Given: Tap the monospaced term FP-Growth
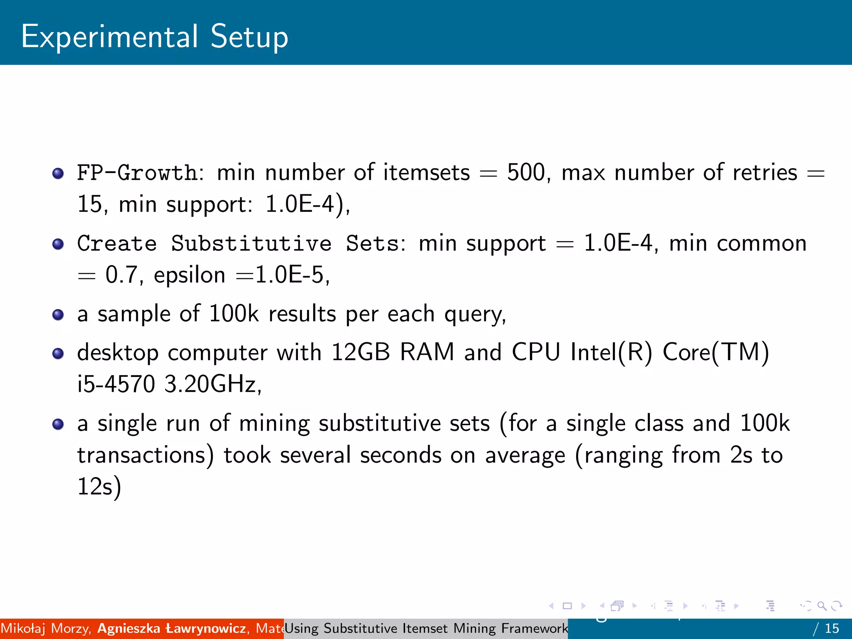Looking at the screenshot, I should click(x=137, y=173).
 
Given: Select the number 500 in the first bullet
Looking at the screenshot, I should click(x=526, y=173).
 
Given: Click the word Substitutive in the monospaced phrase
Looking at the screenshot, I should click(x=251, y=243).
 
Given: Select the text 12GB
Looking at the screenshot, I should click(x=360, y=352).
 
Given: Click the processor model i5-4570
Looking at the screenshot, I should click(x=116, y=384).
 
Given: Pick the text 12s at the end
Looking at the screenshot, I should click(x=95, y=486).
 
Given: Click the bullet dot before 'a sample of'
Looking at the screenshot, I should click(x=58, y=315).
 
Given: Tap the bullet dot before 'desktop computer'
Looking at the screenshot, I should click(x=58, y=354).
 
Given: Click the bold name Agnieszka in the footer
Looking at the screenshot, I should click(x=129, y=628).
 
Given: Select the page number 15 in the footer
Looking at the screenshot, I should click(x=832, y=628).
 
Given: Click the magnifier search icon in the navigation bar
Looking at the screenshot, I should click(x=822, y=606).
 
